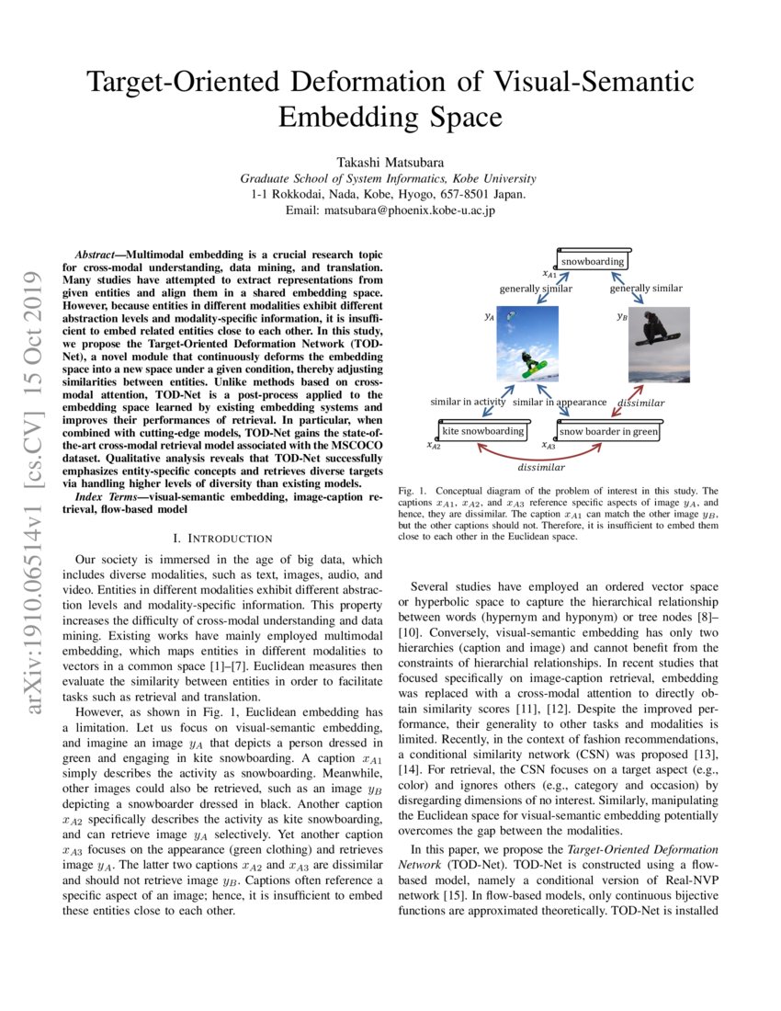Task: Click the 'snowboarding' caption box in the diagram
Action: click(593, 261)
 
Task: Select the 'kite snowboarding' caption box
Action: click(482, 430)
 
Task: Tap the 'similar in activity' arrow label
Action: click(468, 402)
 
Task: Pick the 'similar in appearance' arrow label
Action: click(560, 402)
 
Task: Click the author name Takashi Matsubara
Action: click(390, 159)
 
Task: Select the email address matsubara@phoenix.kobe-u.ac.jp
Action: click(390, 210)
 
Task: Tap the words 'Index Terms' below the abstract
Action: click(109, 496)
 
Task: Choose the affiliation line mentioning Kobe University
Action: click(390, 178)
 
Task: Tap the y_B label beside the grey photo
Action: click(622, 315)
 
